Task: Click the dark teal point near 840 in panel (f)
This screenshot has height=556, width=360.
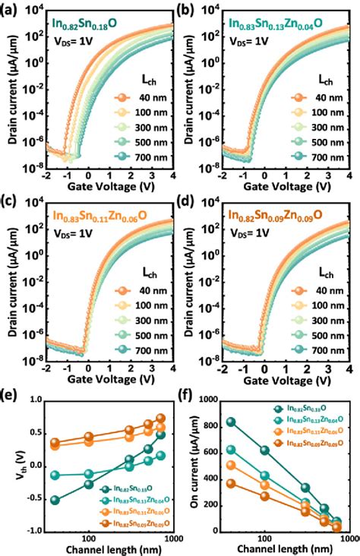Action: coord(231,422)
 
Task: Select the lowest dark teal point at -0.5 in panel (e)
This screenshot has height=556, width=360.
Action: coord(54,500)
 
